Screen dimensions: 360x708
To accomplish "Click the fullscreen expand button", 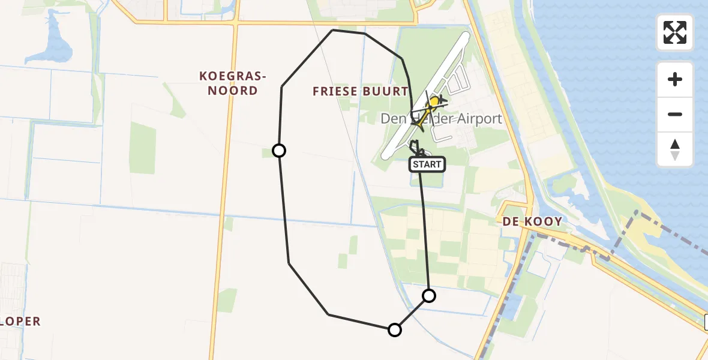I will tap(675, 32).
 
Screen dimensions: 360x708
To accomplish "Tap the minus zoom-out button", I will tap(675, 114).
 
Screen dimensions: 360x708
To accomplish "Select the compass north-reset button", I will tap(675, 149).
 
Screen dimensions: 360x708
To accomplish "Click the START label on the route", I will tap(427, 164).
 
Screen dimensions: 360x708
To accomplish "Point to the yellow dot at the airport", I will tap(434, 103).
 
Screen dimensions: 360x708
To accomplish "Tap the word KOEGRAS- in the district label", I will tap(233, 76).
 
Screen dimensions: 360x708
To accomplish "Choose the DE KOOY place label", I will tap(532, 221).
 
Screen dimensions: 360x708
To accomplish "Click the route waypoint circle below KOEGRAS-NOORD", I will tap(279, 151).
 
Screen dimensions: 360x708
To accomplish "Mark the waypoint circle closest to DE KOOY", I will tap(429, 295).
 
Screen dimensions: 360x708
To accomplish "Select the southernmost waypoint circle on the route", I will tap(395, 329).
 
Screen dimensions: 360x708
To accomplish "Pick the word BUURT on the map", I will tap(390, 92).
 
